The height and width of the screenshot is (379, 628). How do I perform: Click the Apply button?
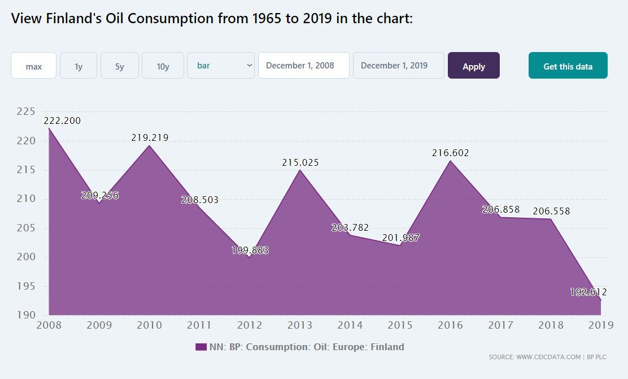click(x=473, y=66)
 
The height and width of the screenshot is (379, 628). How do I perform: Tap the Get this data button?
click(x=568, y=66)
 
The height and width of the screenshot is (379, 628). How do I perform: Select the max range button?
click(x=34, y=66)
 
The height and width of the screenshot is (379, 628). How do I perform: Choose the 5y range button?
click(x=119, y=66)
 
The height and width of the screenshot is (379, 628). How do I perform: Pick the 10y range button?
click(x=163, y=66)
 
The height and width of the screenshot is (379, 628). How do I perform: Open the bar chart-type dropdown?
click(x=221, y=66)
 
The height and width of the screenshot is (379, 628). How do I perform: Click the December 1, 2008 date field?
click(x=303, y=66)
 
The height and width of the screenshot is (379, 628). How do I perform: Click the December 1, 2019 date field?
click(x=398, y=66)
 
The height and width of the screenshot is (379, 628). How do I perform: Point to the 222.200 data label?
click(x=62, y=120)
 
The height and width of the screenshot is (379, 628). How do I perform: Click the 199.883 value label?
click(x=250, y=250)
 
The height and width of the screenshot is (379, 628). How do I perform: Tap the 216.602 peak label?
click(x=450, y=153)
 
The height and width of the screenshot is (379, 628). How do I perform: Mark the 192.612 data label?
click(x=588, y=292)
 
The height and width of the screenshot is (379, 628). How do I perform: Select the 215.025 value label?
click(x=300, y=162)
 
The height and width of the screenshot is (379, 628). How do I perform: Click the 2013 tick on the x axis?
click(x=300, y=325)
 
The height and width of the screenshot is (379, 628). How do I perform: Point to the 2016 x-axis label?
click(x=450, y=325)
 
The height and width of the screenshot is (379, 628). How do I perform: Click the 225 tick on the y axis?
click(x=26, y=111)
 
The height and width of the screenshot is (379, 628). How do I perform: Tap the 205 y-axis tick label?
click(x=26, y=228)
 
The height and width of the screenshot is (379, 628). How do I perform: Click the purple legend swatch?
click(x=200, y=347)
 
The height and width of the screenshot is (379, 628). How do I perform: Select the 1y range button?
click(x=78, y=66)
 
